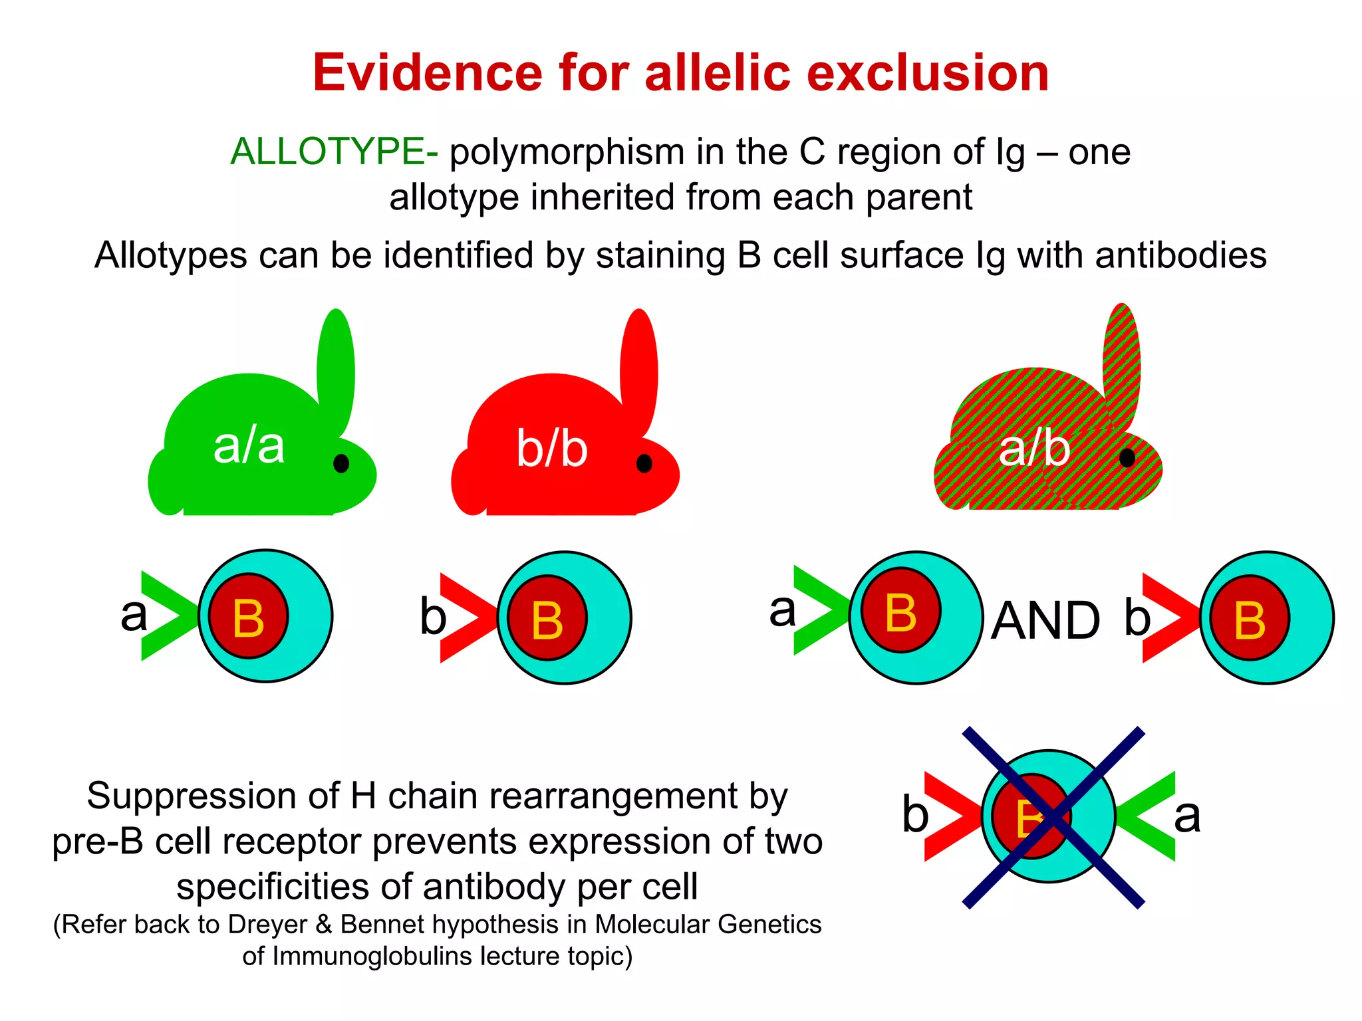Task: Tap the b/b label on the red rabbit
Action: click(552, 449)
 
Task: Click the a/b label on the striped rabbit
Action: click(1034, 449)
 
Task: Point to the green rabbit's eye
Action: click(341, 463)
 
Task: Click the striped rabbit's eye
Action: click(1127, 457)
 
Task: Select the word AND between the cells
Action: click(1045, 621)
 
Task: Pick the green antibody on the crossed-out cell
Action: click(1147, 816)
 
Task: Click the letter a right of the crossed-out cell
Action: click(1188, 816)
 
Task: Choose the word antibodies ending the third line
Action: click(1180, 255)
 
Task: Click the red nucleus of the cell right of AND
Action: click(1249, 618)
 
